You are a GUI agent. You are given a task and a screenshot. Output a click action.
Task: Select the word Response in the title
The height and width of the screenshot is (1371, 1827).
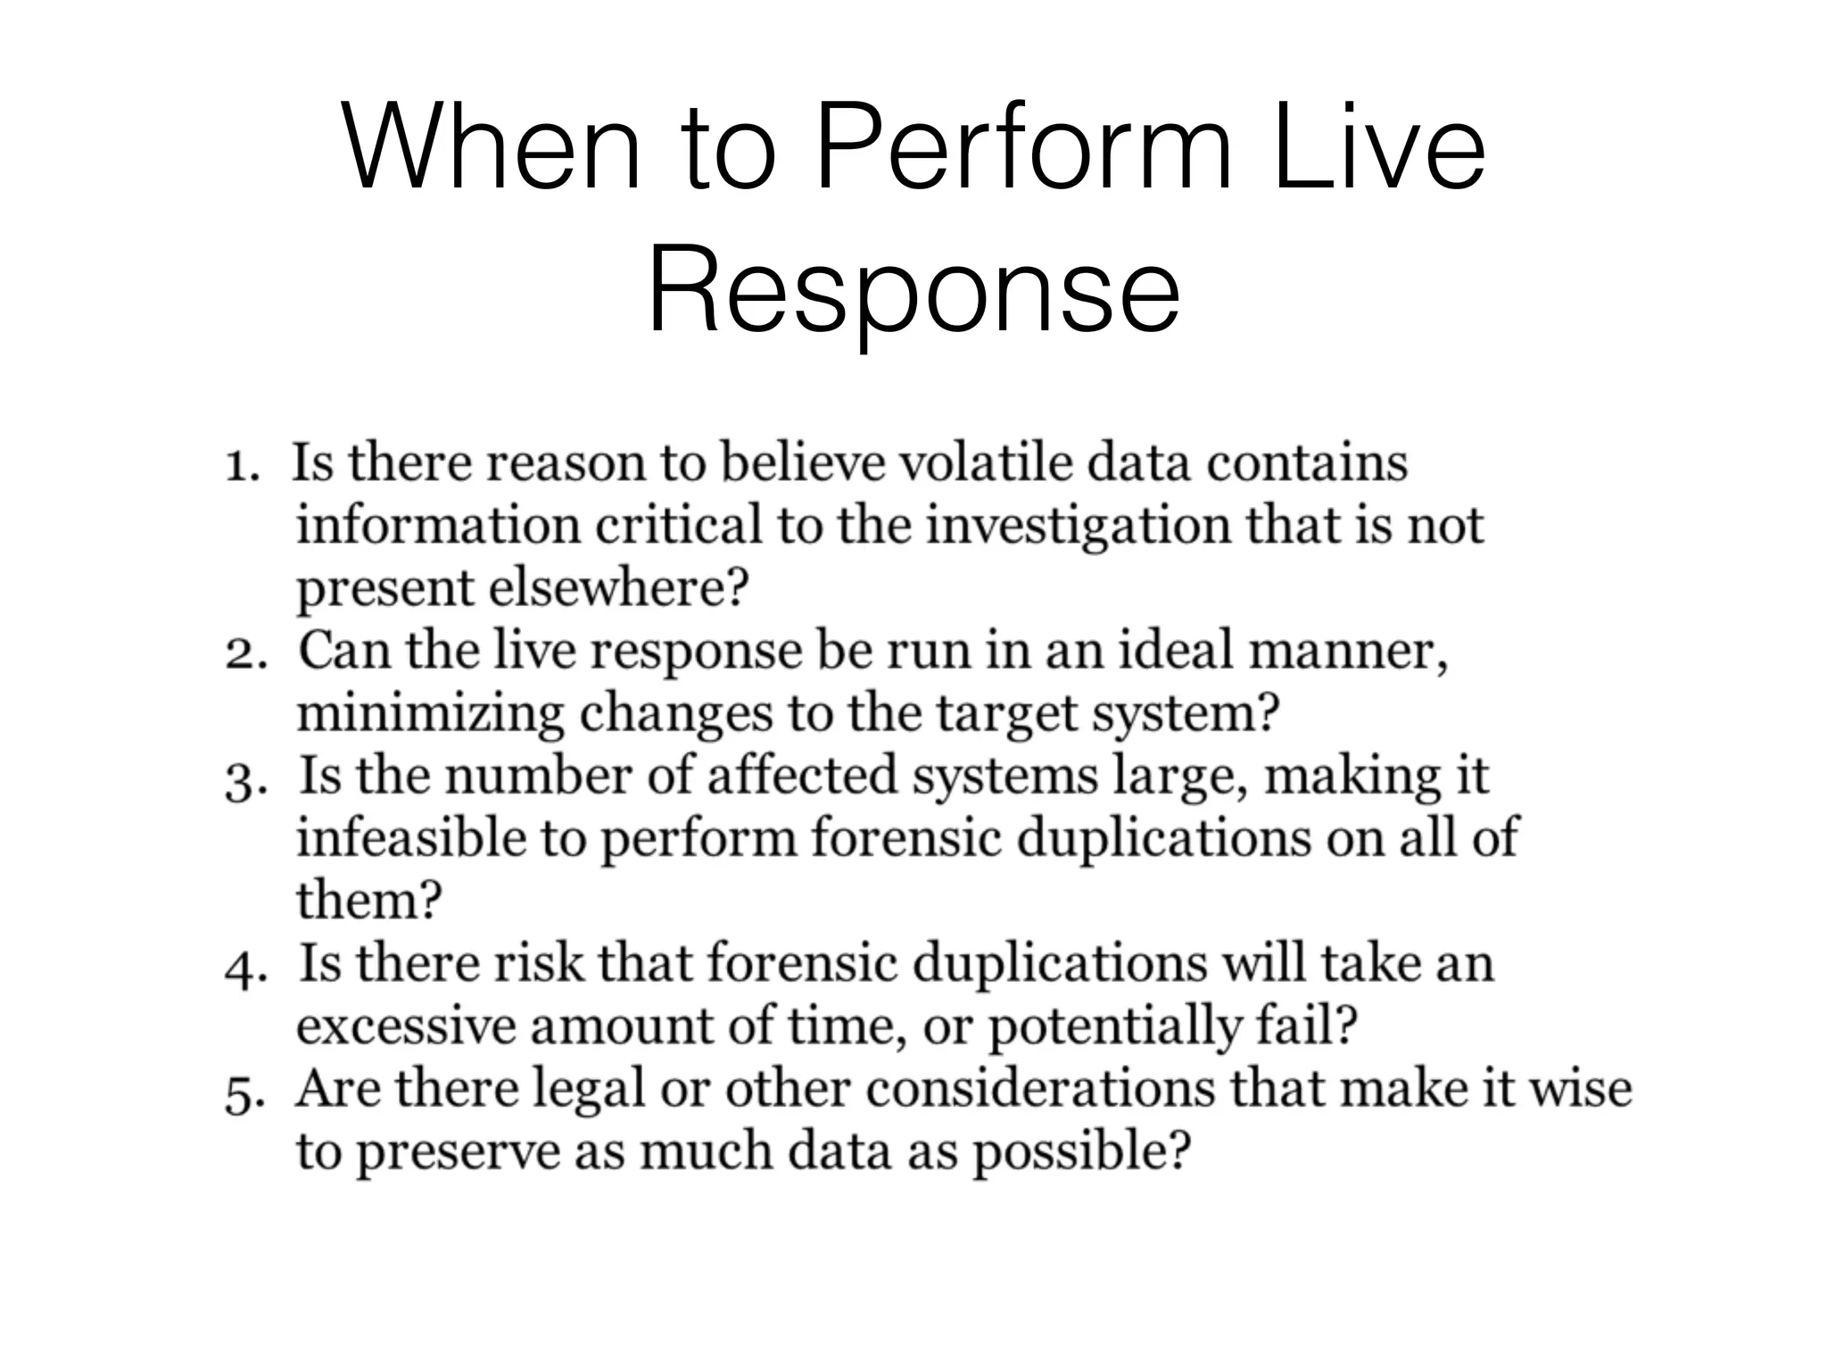(x=913, y=291)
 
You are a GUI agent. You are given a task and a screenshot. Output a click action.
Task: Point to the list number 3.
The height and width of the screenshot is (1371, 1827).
(x=244, y=779)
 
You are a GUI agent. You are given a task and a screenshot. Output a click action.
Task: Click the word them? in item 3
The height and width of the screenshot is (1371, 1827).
(x=368, y=900)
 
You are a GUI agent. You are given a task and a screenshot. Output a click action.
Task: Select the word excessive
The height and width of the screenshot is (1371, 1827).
(x=406, y=1026)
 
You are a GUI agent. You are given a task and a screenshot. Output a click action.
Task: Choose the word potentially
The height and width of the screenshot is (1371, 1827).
(x=1114, y=1027)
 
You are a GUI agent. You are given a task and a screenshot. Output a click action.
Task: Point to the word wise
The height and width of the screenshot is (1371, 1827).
(x=1581, y=1088)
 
